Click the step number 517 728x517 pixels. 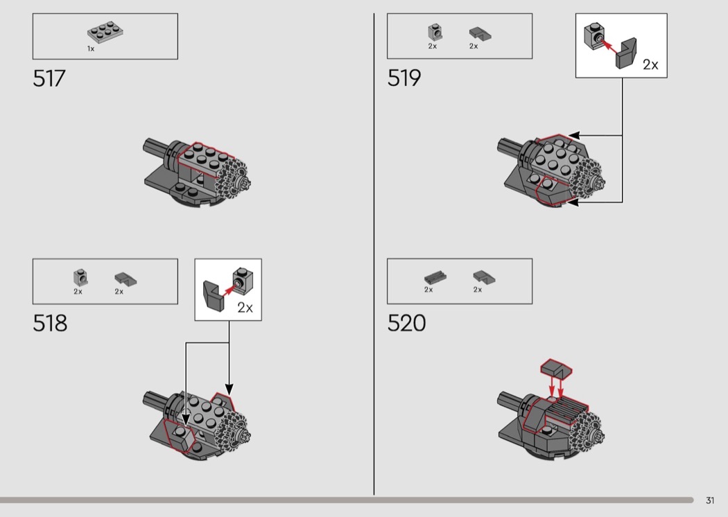tap(49, 78)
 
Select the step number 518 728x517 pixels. tap(50, 323)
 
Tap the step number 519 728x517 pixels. tap(404, 78)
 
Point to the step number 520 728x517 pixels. tap(406, 323)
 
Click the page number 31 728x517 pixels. tap(710, 500)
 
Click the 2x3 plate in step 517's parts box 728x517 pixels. tap(105, 32)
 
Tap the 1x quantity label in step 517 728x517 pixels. tap(91, 49)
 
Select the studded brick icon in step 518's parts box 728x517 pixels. tap(81, 277)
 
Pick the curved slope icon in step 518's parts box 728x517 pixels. tap(125, 279)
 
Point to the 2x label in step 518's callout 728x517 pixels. tap(245, 308)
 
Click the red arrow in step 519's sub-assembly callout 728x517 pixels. tap(610, 46)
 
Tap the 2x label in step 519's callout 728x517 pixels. tap(650, 64)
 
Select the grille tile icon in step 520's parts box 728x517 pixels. tap(435, 278)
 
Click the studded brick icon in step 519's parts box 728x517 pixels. tap(435, 32)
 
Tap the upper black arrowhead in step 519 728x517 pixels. tap(574, 136)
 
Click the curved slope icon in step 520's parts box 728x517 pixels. tap(484, 277)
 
